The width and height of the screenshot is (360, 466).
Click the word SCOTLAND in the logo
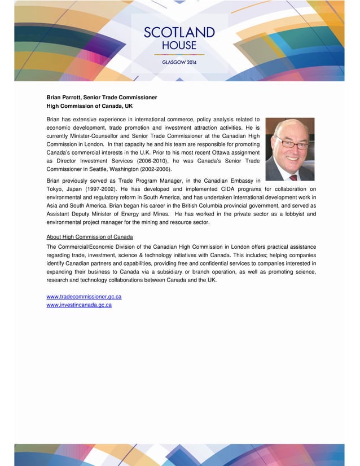coord(179,32)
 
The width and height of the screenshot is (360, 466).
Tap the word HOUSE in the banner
coord(179,45)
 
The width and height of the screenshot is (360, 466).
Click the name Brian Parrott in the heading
coord(65,98)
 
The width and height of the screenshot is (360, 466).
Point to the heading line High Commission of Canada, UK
coord(89,106)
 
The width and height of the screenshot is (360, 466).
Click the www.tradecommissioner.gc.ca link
coord(84,297)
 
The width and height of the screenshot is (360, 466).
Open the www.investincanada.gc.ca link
coord(78,305)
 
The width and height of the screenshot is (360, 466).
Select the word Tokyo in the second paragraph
coord(54,189)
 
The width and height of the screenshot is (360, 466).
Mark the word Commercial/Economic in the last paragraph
coord(86,247)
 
